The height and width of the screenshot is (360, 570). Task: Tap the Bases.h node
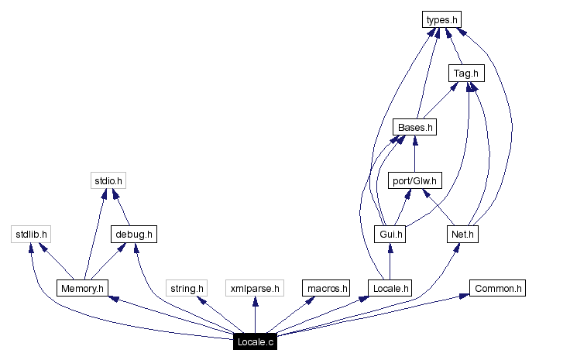414,127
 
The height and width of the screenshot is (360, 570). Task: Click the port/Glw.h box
414,181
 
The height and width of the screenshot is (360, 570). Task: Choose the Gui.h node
390,234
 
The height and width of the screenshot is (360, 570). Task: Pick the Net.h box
463,234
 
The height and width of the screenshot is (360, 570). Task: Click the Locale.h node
390,289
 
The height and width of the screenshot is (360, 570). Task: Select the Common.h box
497,289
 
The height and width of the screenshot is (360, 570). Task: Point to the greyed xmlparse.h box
255,289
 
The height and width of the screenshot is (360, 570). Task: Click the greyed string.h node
187,289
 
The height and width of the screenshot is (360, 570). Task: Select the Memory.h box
81,289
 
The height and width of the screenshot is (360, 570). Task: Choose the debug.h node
134,234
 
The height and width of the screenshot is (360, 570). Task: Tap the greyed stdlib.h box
32,234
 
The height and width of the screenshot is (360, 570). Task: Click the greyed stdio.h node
108,181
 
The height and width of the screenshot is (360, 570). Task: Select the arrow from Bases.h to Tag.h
440,101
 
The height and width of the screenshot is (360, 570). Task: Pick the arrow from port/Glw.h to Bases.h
414,154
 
